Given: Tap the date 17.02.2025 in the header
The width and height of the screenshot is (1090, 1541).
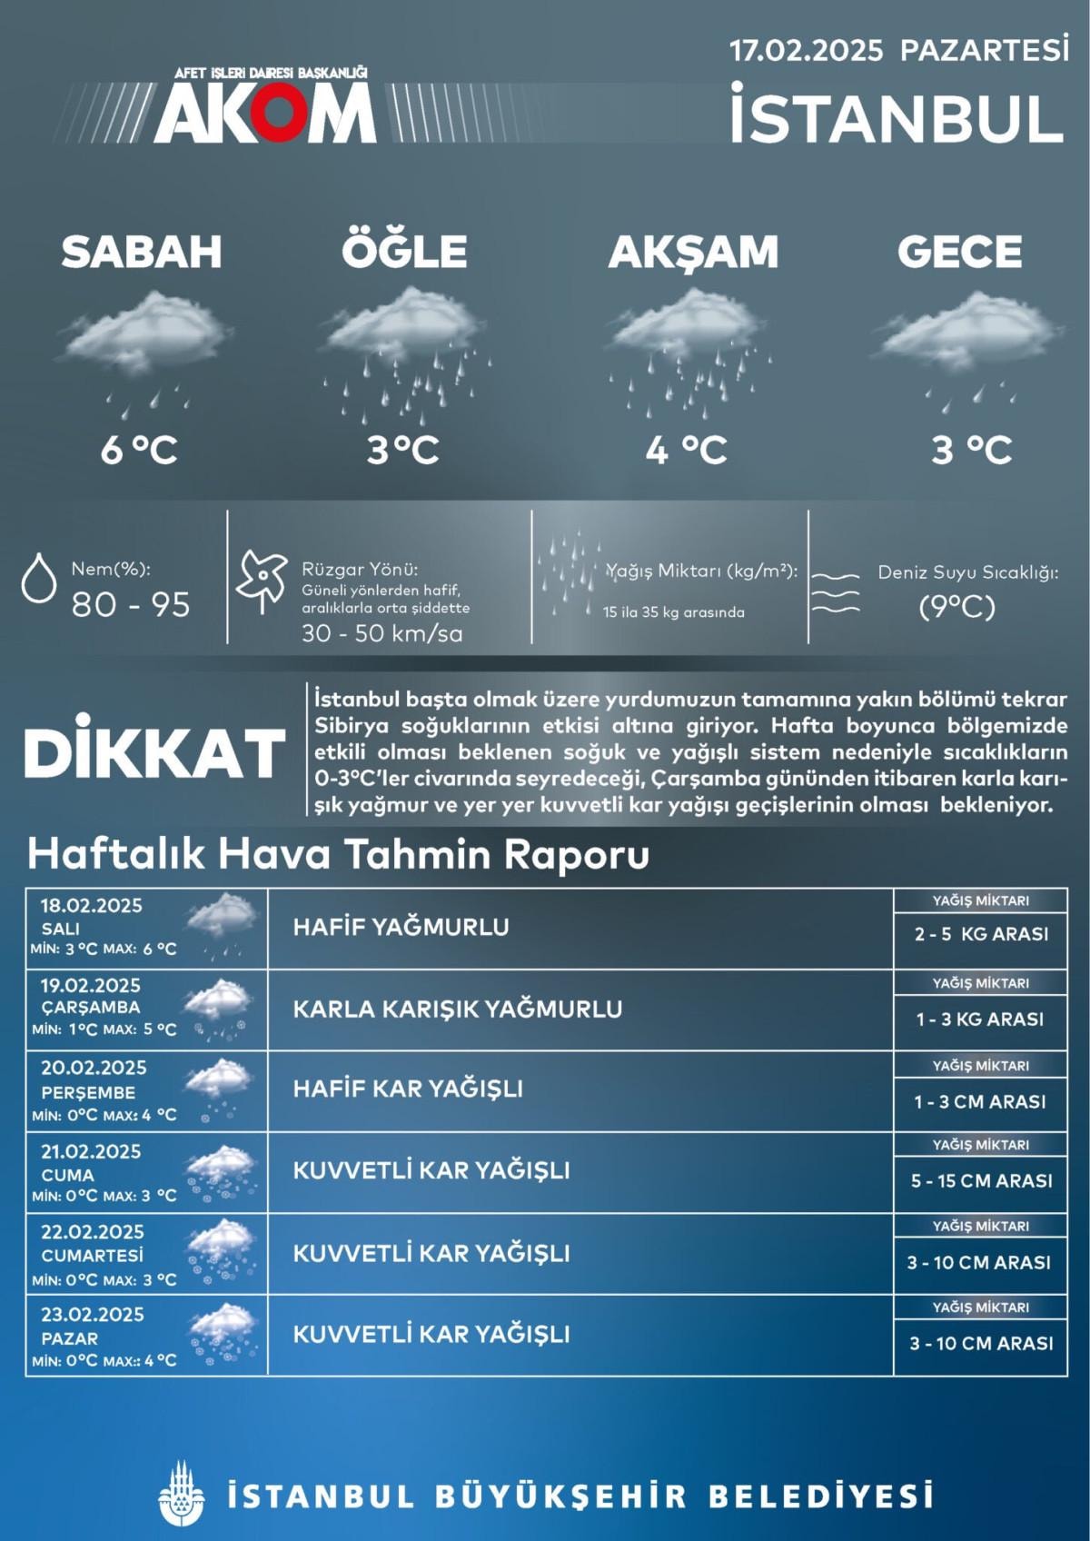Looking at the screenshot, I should [x=807, y=50].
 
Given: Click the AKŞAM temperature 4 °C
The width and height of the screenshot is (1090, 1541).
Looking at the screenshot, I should [x=686, y=449].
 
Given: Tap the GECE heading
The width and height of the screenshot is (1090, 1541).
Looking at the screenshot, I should [x=959, y=252].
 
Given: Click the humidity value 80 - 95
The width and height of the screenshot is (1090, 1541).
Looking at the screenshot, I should [x=131, y=604].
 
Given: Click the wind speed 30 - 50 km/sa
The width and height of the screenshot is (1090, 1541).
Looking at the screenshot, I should [x=381, y=633].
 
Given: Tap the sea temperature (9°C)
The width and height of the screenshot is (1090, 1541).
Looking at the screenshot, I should [x=956, y=606].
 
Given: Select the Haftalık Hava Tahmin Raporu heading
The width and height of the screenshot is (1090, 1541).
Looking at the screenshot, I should [x=338, y=855].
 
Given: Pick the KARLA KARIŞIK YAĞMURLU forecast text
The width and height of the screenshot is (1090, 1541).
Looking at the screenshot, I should [x=457, y=1009].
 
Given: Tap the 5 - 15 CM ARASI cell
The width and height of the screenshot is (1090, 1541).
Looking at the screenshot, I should [x=981, y=1181].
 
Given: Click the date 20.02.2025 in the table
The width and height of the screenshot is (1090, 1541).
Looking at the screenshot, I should [x=94, y=1068].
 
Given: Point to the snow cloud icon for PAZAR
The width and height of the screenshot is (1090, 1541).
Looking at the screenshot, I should [x=221, y=1332].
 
